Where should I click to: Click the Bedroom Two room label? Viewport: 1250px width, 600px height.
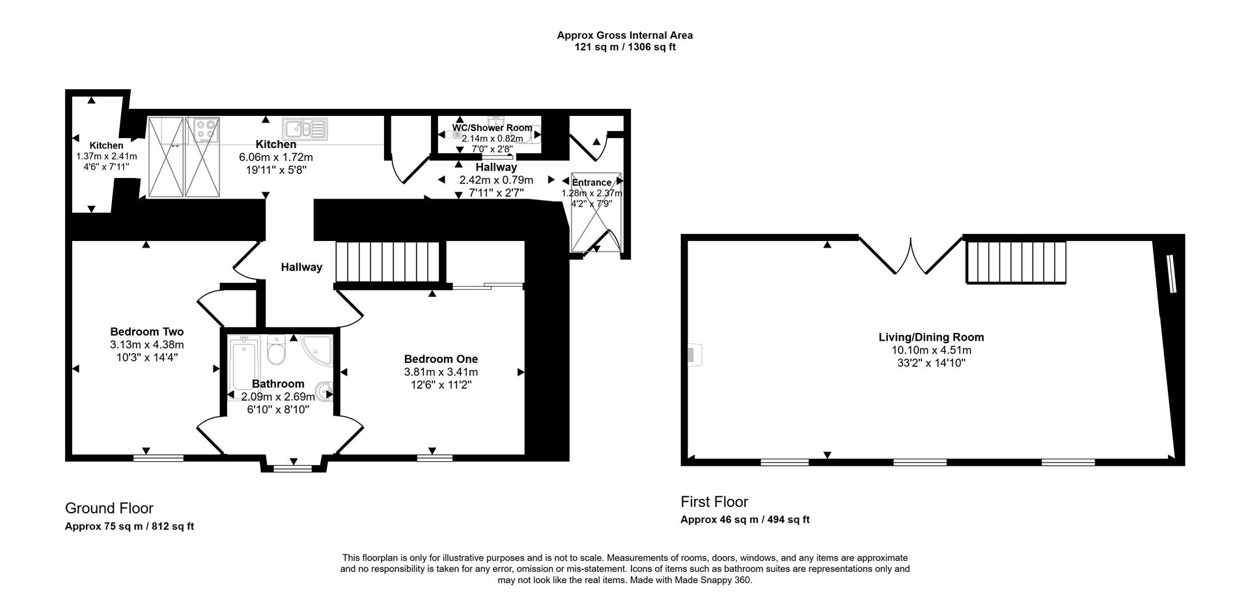146,332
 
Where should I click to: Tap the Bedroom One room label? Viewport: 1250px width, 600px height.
441,359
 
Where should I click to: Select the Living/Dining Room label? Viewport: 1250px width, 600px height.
931,337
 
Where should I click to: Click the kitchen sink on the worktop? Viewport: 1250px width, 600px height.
305,128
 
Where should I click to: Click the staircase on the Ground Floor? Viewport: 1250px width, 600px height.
389,262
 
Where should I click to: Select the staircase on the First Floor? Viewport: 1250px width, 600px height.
1016,262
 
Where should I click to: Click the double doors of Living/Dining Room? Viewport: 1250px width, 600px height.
910,255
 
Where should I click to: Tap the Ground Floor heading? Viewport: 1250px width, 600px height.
109,508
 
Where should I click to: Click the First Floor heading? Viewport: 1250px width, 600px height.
714,502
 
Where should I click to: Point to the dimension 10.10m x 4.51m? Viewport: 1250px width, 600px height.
931,350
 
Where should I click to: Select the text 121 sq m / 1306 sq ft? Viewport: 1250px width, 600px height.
624,47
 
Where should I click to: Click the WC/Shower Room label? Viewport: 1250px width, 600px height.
492,128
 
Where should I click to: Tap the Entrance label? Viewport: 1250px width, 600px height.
591,182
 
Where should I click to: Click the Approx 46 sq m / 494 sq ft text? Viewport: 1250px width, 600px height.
745,519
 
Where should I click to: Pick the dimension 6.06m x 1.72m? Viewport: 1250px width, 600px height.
276,157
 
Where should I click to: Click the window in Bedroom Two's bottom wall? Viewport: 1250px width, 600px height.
158,459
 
